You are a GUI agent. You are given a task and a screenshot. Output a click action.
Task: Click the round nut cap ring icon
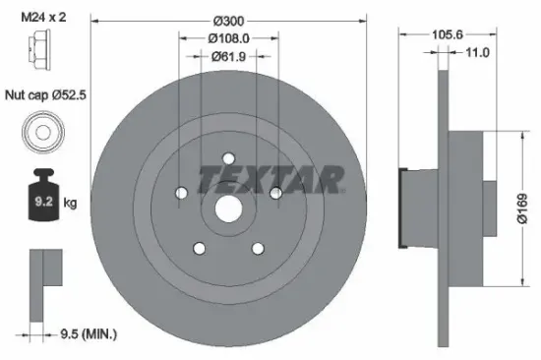point(41,132)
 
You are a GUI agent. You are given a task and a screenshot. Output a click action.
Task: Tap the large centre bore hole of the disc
point(228,210)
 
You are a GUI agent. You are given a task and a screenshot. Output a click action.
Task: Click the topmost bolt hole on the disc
point(228,159)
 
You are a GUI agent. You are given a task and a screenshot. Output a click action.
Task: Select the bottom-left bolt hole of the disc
point(199,249)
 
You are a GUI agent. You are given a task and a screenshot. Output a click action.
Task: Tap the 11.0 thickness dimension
point(476,53)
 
